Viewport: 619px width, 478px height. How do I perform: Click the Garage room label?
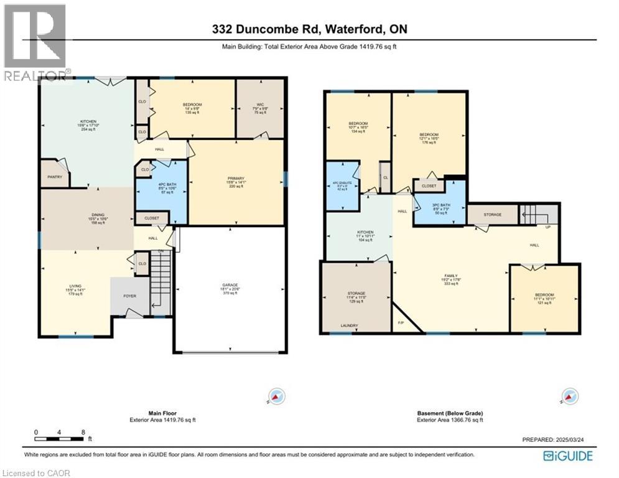230,286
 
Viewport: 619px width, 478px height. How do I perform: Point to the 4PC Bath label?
161,185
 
